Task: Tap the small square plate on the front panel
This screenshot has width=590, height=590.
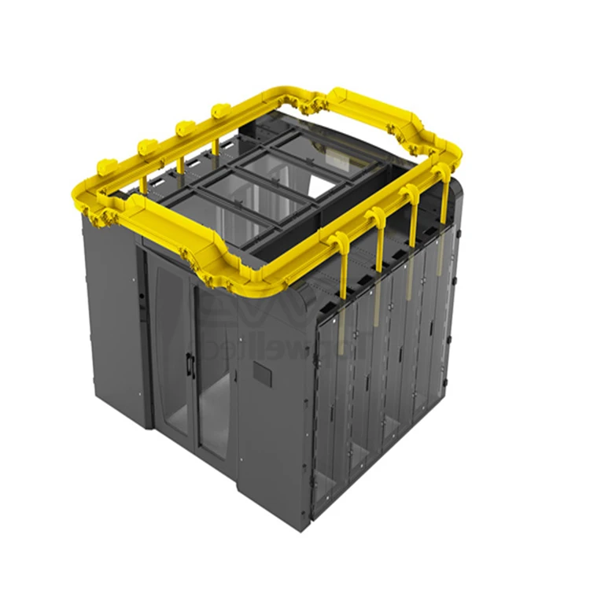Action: click(262, 376)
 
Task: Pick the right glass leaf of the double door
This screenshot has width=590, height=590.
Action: click(215, 378)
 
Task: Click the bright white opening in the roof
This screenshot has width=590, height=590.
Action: click(319, 186)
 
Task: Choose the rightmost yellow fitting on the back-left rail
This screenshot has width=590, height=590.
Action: click(219, 111)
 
